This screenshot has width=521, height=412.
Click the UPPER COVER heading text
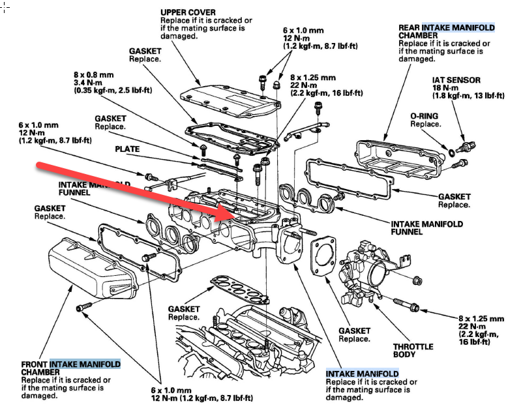(188, 12)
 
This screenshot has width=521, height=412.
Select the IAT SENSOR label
(456, 80)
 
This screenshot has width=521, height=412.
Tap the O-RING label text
(424, 116)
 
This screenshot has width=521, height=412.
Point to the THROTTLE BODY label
(413, 351)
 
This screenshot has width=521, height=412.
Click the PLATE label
(127, 149)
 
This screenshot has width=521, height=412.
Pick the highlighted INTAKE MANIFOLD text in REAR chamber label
(458, 27)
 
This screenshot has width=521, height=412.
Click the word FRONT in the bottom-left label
(35, 364)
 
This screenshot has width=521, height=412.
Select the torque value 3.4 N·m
(88, 82)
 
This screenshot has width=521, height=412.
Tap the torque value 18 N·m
(445, 88)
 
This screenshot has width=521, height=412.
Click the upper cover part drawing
(231, 100)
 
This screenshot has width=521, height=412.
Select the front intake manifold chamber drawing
(93, 268)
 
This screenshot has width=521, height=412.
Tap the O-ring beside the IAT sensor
(452, 153)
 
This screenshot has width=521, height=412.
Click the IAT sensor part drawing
(466, 147)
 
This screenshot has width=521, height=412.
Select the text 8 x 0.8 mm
(94, 75)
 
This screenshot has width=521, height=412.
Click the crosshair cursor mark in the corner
(5, 7)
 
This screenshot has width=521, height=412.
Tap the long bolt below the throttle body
(406, 304)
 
